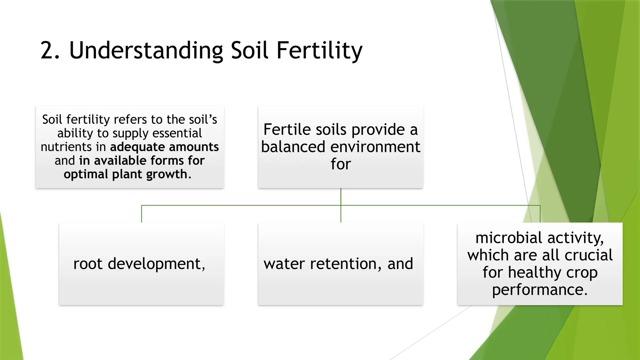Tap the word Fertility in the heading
tap(319, 51)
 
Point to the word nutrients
tap(66, 147)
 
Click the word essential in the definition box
tap(177, 133)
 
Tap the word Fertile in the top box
tap(287, 129)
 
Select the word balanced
tap(293, 147)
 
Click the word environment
tap(375, 147)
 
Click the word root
tap(88, 264)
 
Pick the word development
tap(156, 264)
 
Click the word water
tap(284, 264)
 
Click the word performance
tap(540, 290)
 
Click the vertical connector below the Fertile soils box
tap(341, 197)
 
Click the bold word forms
tap(167, 161)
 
